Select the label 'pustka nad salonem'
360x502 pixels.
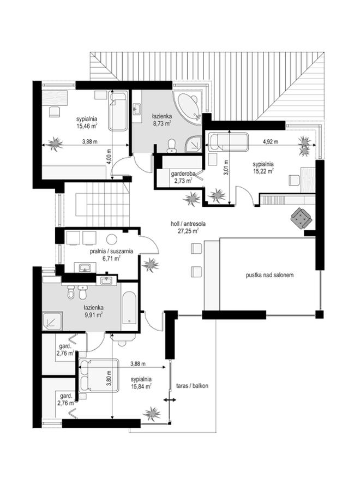[270, 275]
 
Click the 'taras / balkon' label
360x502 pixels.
[192, 386]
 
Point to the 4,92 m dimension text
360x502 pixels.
[271, 141]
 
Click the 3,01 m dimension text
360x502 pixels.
[226, 168]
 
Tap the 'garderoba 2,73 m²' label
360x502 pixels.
[182, 177]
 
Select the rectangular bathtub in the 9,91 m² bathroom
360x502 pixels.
[130, 307]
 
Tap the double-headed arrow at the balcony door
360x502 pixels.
[170, 400]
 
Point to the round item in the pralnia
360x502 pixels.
[112, 240]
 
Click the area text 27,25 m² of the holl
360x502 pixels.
[188, 230]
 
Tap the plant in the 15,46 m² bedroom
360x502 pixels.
[55, 143]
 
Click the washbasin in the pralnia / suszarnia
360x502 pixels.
[85, 267]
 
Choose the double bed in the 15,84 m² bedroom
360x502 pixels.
[99, 375]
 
